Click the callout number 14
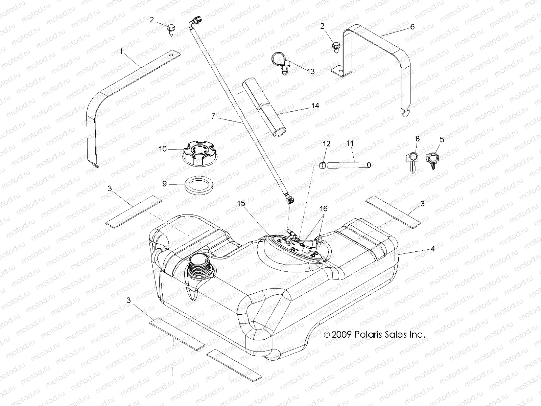pyautogui.click(x=315, y=106)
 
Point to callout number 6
pyautogui.click(x=412, y=27)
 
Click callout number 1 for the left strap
pyautogui.click(x=121, y=52)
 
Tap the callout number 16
pyautogui.click(x=324, y=209)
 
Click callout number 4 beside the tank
pyautogui.click(x=432, y=249)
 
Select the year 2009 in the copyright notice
pyautogui.click(x=342, y=335)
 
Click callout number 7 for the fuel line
pyautogui.click(x=213, y=116)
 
